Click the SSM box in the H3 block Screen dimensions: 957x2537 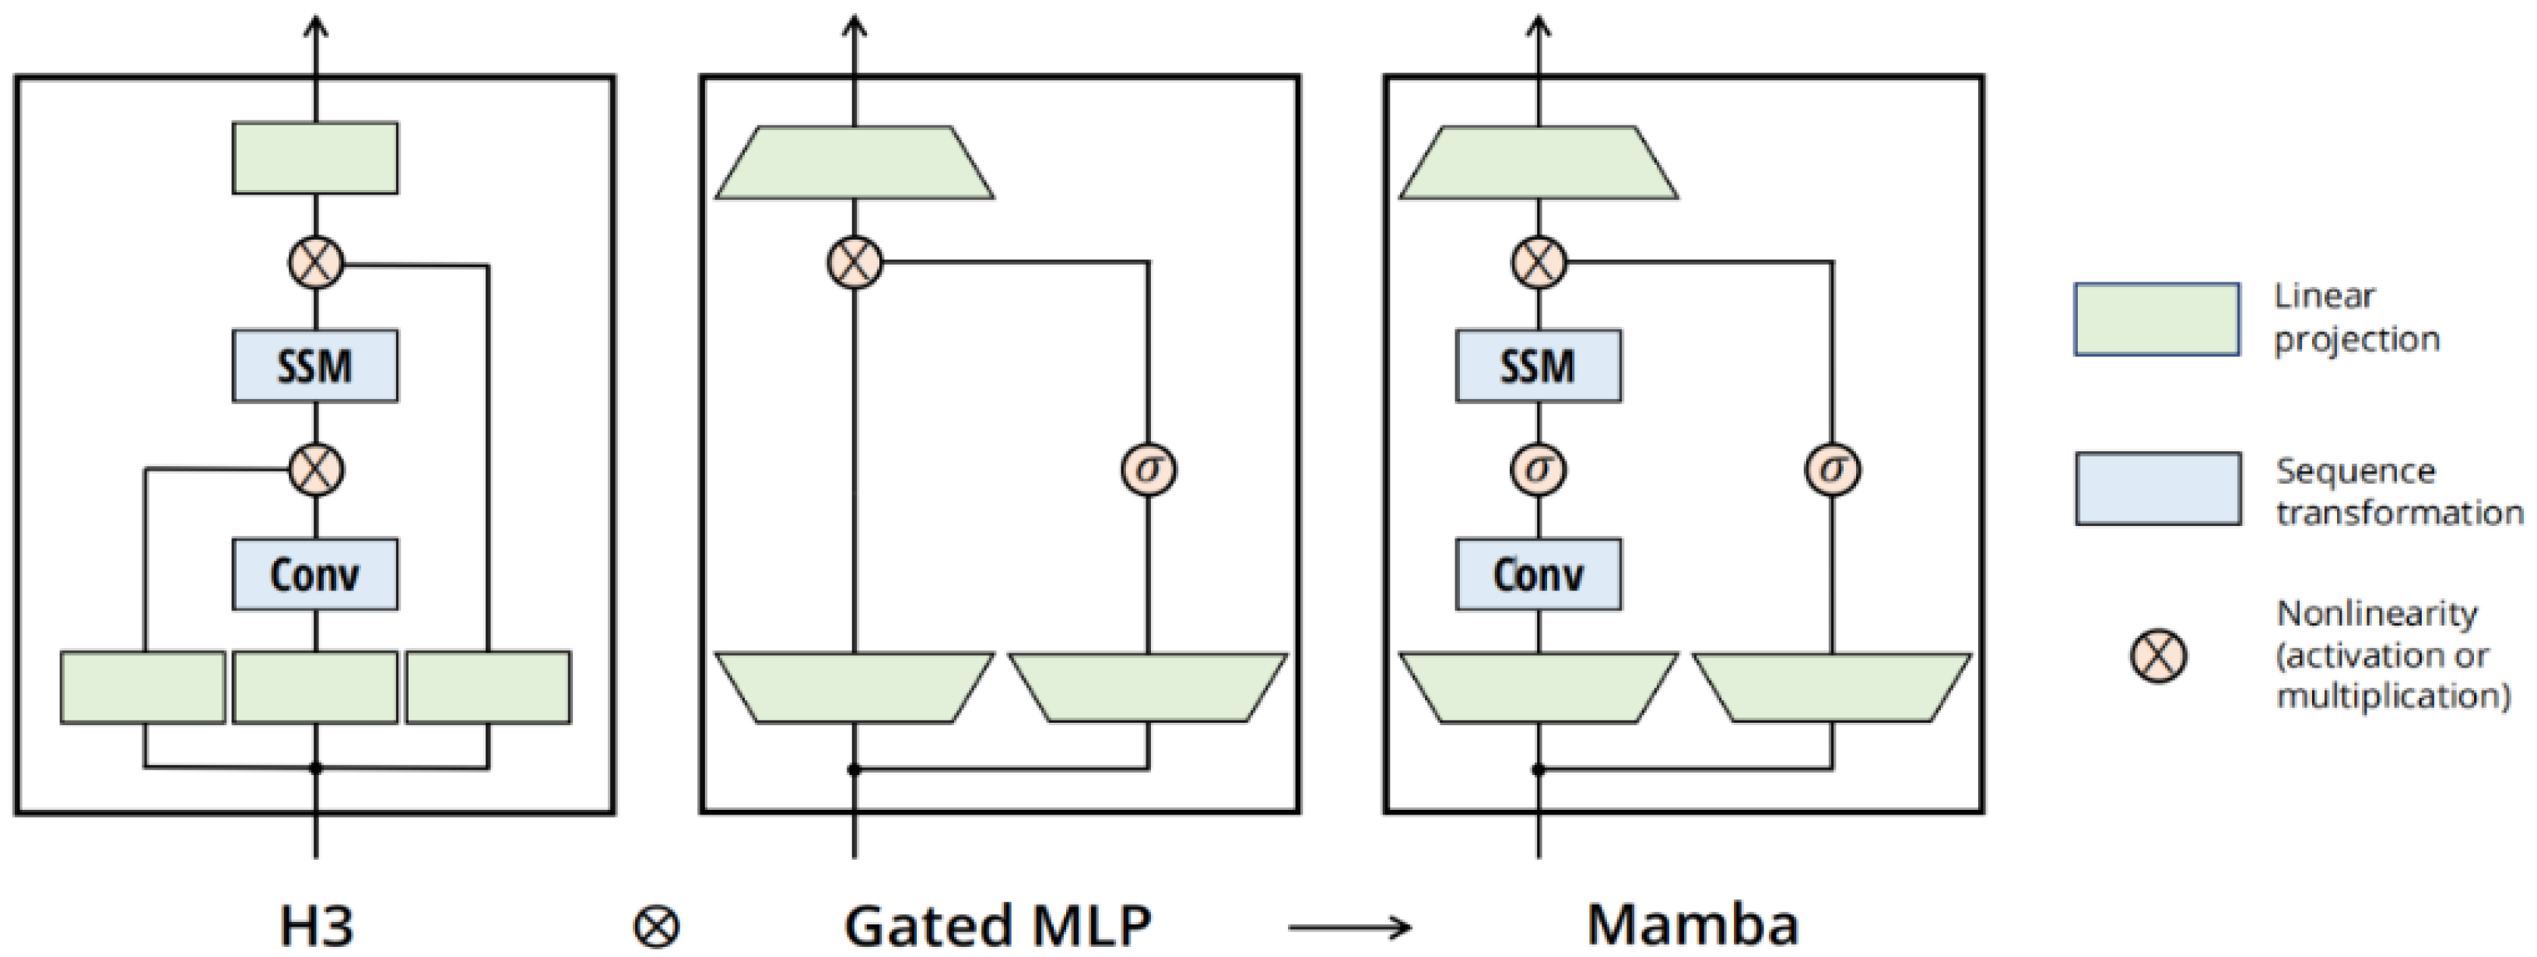click(x=315, y=366)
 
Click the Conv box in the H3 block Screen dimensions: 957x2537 click(x=315, y=574)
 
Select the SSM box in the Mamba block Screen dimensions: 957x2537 click(x=1539, y=366)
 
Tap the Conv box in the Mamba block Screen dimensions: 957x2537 click(x=1539, y=574)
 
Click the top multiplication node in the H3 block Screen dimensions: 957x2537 click(x=316, y=262)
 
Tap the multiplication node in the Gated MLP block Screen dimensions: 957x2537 click(x=854, y=262)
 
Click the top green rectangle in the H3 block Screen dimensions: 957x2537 click(x=315, y=157)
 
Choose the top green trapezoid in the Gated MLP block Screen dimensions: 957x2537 click(x=854, y=163)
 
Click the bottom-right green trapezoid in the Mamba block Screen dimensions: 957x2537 click(x=1832, y=687)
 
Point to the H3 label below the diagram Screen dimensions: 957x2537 click(x=316, y=926)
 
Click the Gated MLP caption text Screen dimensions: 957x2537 click(x=997, y=926)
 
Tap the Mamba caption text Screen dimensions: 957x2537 click(x=1692, y=926)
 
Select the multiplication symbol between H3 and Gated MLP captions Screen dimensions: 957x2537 click(x=656, y=927)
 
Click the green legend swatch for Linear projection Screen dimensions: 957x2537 click(x=2157, y=319)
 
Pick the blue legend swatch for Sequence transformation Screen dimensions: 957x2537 click(x=2158, y=489)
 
